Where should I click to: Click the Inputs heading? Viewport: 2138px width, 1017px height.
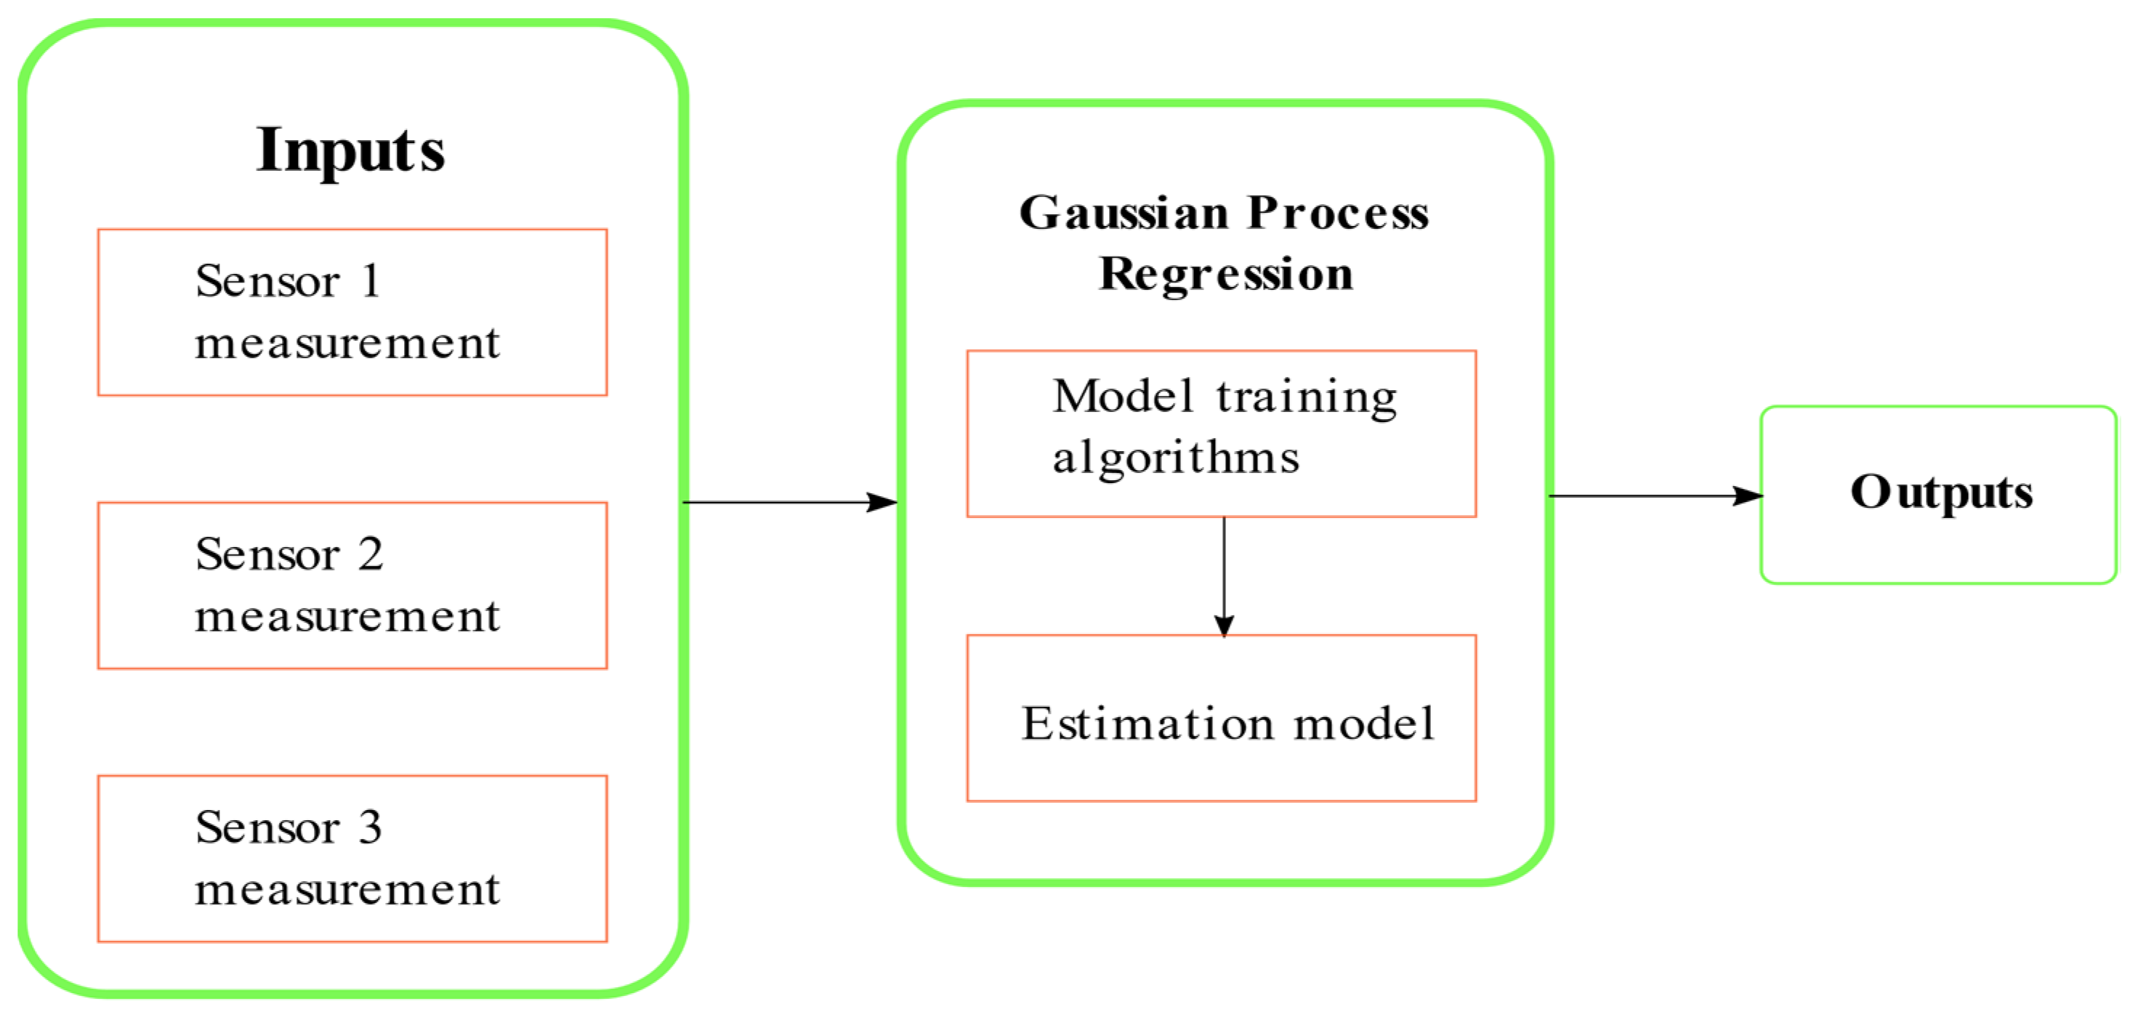point(350,151)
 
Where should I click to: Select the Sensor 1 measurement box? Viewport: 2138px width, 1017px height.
point(352,312)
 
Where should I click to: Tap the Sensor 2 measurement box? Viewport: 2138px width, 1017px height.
point(352,585)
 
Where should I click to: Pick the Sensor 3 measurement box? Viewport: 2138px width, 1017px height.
point(352,858)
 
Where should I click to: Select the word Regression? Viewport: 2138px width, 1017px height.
point(1225,275)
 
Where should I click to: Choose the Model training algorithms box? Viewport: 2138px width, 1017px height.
point(1221,433)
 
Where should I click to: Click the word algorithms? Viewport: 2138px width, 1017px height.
point(1175,458)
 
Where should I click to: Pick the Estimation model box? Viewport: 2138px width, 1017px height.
point(1221,718)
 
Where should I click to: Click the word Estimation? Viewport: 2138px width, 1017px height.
point(1146,724)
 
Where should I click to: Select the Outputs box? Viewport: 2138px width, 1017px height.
point(1938,495)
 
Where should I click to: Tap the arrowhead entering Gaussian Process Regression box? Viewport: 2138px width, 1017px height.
point(882,502)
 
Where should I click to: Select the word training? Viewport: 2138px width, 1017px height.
point(1307,397)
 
